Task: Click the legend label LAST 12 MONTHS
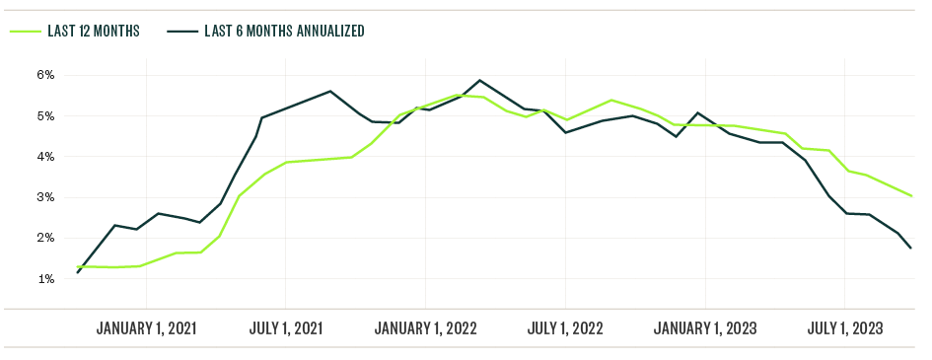(x=94, y=31)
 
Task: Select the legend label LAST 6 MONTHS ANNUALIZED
(x=284, y=31)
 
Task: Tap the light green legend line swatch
(x=25, y=31)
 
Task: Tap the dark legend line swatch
(x=180, y=31)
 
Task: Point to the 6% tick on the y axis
(x=45, y=75)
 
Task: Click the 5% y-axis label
(x=45, y=115)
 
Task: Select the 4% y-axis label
(x=45, y=157)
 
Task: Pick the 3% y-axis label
(x=45, y=197)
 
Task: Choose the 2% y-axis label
(x=45, y=238)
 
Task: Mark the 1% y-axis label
(x=45, y=279)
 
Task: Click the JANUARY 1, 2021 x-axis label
(x=146, y=328)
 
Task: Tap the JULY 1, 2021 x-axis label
(x=285, y=328)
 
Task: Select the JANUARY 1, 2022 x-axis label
(x=425, y=328)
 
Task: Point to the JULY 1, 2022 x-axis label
(x=565, y=328)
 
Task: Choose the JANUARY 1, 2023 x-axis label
(x=705, y=328)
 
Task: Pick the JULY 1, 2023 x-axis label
(x=845, y=328)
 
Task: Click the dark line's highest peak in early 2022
(x=479, y=80)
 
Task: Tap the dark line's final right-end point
(x=910, y=248)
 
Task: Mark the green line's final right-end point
(x=910, y=195)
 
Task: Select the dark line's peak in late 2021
(x=330, y=91)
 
